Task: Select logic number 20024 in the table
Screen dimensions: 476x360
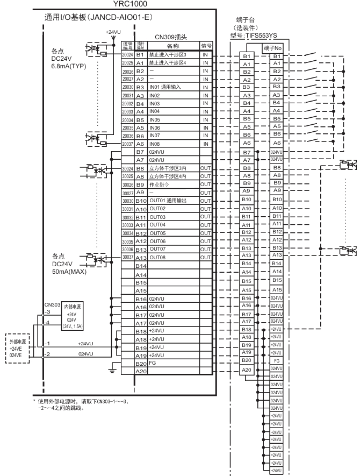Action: [x=127, y=55]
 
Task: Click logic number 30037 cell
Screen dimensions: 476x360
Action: [x=127, y=257]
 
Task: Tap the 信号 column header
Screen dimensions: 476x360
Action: [x=206, y=46]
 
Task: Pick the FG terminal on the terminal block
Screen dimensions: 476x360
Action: [x=276, y=360]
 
